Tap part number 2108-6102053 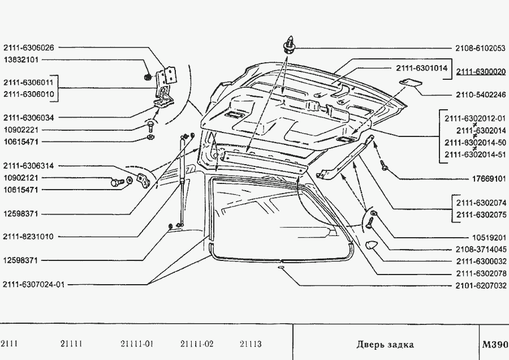click(480, 48)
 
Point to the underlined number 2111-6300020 click(481, 72)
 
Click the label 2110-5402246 click(480, 95)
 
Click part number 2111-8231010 click(28, 237)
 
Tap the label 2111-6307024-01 click(33, 284)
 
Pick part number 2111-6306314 click(28, 166)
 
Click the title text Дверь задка click(385, 344)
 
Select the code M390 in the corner click(495, 344)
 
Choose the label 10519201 click(488, 237)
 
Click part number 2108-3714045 click(480, 249)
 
